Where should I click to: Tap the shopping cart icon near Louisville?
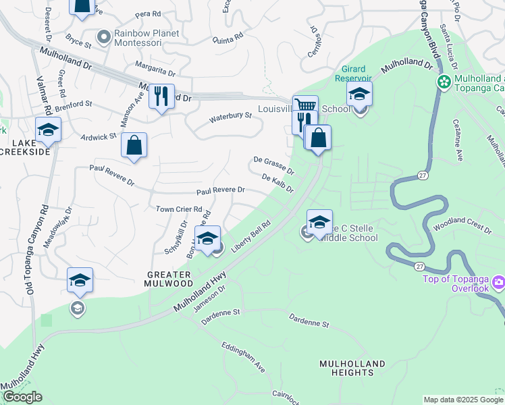point(305,107)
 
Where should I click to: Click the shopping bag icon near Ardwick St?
point(134,144)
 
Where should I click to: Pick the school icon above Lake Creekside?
point(48,129)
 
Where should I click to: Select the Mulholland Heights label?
point(352,369)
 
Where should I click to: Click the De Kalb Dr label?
point(277,182)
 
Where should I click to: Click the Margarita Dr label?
point(155,70)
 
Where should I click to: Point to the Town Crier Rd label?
point(179,209)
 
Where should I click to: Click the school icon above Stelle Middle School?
point(319,221)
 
